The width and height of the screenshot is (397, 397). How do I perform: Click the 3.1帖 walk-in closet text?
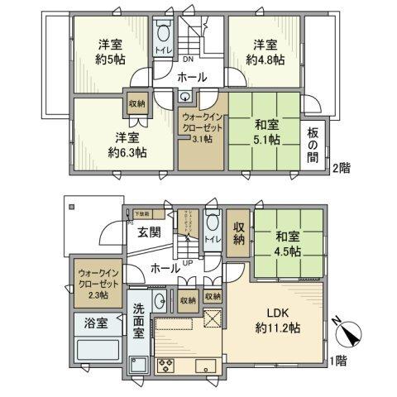coord(201,140)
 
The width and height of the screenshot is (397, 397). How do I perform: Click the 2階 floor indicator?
coord(341,169)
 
